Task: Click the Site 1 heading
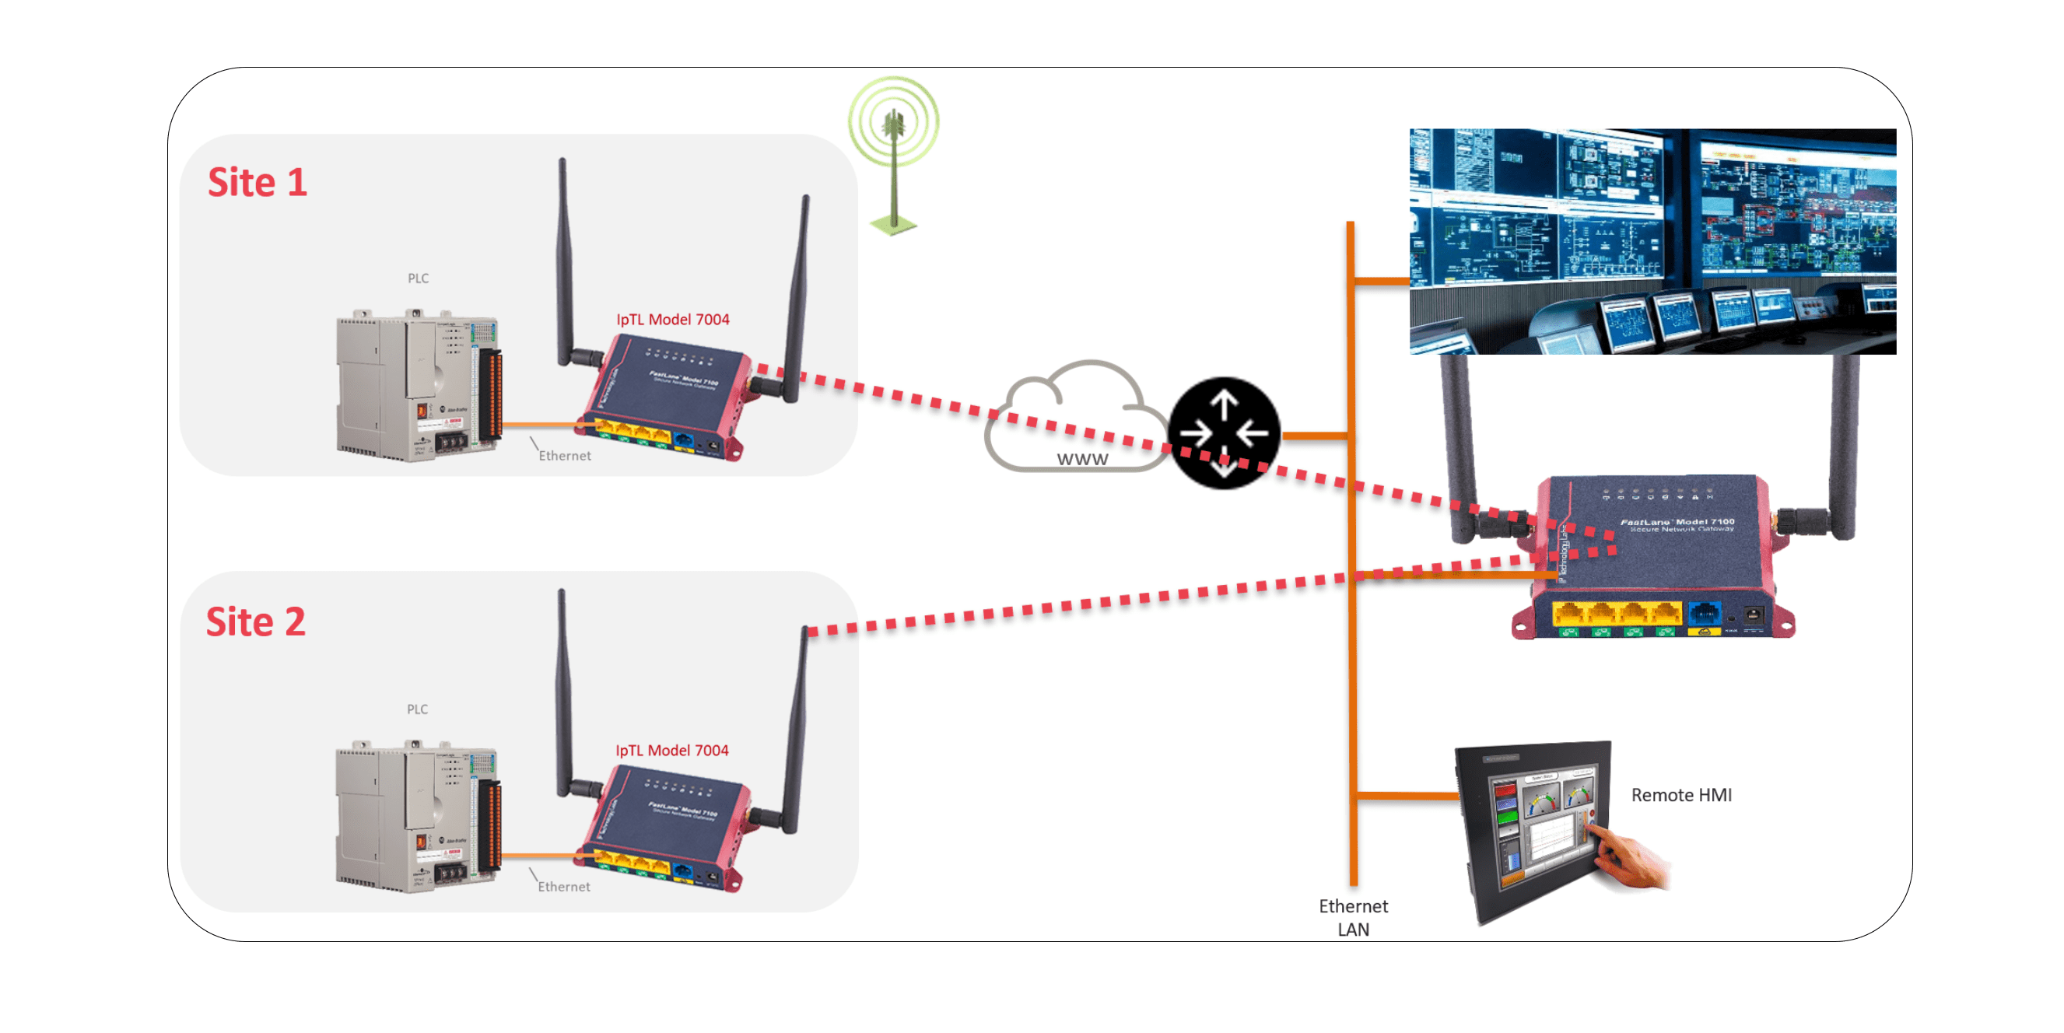(258, 183)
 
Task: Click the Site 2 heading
(256, 622)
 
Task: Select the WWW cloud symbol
(1074, 421)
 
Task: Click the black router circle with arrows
(1224, 432)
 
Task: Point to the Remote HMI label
(1681, 795)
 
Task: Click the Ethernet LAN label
(1353, 918)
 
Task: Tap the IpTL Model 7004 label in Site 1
(672, 319)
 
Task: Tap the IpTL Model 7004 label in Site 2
(671, 750)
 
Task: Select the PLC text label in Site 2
(418, 709)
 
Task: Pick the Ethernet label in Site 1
(565, 455)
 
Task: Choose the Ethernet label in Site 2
(564, 886)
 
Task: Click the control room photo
(1652, 240)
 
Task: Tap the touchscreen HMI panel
(1534, 829)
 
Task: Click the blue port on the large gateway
(1705, 613)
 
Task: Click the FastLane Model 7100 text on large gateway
(1677, 523)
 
